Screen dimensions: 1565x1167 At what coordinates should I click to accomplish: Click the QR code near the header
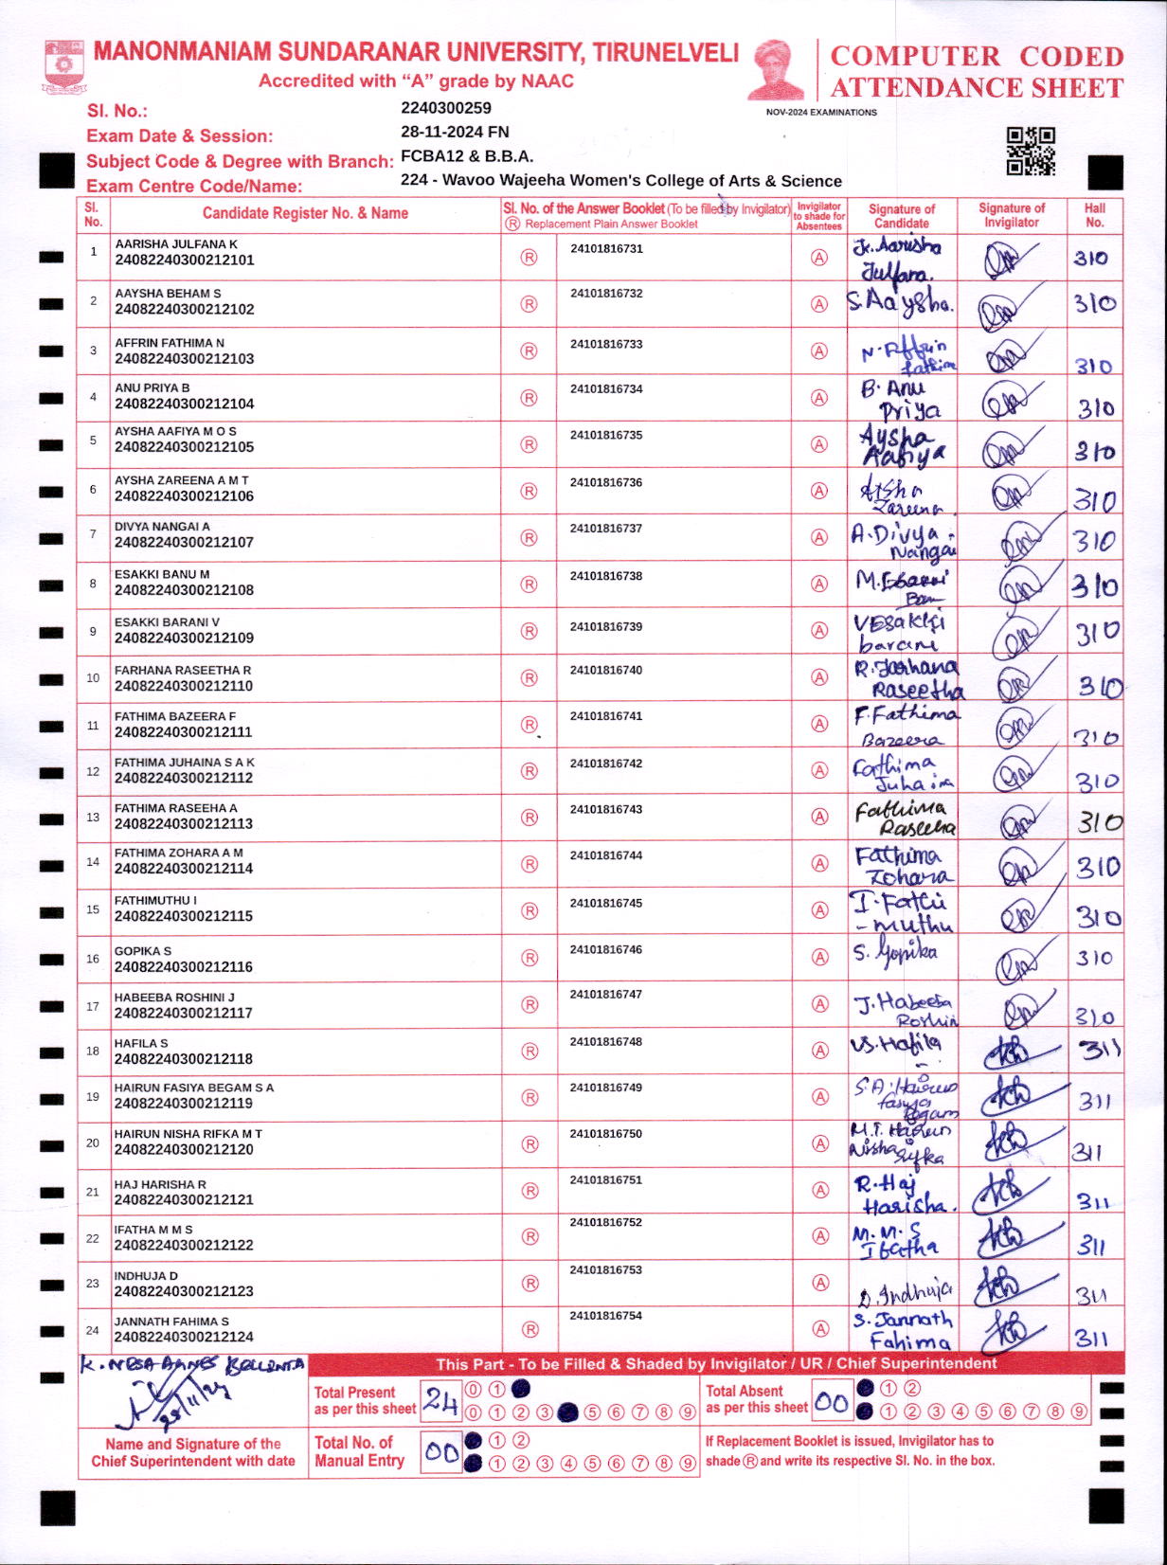coord(1031,152)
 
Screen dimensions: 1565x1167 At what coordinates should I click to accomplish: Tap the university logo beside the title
coord(63,66)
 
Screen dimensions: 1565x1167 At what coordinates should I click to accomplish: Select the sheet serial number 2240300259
coord(446,108)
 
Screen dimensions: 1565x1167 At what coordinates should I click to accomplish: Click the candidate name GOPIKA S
coord(143,950)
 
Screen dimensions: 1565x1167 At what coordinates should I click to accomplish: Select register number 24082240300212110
coord(184,686)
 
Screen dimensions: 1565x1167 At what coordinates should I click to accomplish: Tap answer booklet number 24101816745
coord(606,903)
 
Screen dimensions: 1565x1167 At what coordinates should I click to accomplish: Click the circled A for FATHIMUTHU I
coord(819,910)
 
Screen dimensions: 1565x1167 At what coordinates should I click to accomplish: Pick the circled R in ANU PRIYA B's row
coord(530,398)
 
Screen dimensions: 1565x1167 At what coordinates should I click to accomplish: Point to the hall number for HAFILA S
coord(1099,1049)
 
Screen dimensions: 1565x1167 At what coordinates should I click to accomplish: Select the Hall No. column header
coord(1095,215)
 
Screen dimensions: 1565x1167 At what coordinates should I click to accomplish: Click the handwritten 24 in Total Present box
coord(440,1400)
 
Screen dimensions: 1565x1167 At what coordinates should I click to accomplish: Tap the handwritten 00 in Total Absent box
coord(831,1401)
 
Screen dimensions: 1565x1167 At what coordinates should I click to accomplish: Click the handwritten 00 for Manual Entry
coord(441,1451)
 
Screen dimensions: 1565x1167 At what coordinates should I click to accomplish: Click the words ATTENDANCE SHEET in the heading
coord(977,88)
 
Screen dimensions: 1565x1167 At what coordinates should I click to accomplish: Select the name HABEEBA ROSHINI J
coord(174,998)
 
